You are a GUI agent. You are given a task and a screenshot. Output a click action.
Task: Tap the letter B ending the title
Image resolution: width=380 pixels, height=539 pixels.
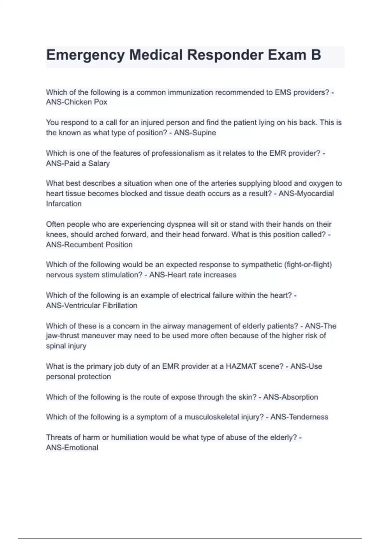point(316,55)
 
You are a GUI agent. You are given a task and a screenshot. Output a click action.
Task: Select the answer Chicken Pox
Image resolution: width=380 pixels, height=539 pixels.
point(85,102)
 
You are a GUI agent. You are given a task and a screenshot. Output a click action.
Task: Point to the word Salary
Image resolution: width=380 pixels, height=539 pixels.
point(99,163)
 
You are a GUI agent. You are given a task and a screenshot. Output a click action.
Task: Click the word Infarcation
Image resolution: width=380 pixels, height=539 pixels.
point(64,204)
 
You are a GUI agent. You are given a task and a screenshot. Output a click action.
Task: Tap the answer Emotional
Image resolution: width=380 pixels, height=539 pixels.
point(81,447)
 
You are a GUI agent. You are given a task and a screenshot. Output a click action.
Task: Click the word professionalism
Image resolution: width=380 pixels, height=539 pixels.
point(178,153)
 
